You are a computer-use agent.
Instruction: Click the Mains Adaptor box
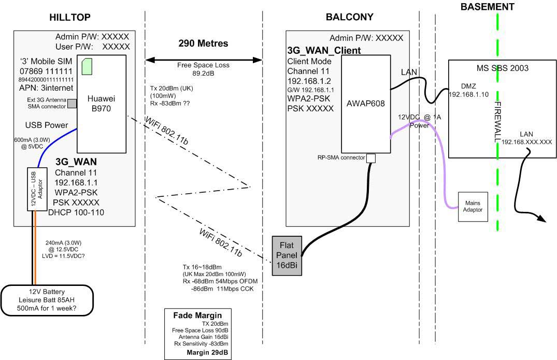pyautogui.click(x=473, y=207)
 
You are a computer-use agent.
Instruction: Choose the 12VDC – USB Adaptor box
pyautogui.click(x=34, y=189)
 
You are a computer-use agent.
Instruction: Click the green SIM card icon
pyautogui.click(x=87, y=65)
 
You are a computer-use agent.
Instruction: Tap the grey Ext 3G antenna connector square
pyautogui.click(x=72, y=103)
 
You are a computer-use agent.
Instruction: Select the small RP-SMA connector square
pyautogui.click(x=370, y=159)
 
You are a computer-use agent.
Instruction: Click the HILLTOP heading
pyautogui.click(x=70, y=17)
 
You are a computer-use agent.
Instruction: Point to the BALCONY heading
pyautogui.click(x=349, y=17)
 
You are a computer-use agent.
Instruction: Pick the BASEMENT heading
pyautogui.click(x=487, y=7)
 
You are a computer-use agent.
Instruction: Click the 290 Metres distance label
pyautogui.click(x=203, y=44)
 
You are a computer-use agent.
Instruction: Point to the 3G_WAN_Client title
pyautogui.click(x=324, y=51)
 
